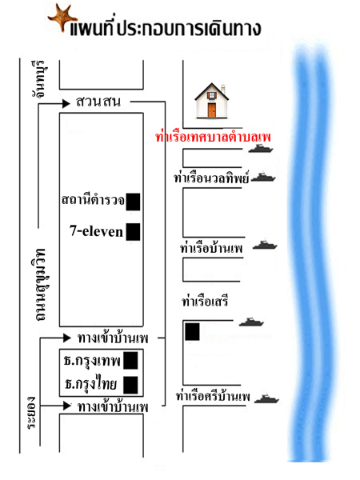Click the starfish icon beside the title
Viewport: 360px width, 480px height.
(x=62, y=17)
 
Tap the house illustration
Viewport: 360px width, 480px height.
(x=212, y=101)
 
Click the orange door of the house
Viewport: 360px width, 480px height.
(x=212, y=110)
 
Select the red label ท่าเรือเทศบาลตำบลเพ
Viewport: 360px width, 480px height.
(x=213, y=137)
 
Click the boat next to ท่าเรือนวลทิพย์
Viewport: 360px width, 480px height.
(x=263, y=178)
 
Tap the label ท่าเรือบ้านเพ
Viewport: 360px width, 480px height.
(x=211, y=248)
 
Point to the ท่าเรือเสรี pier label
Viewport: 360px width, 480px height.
(x=205, y=302)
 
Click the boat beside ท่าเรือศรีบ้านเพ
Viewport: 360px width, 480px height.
(x=267, y=398)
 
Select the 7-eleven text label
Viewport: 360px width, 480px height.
(x=96, y=231)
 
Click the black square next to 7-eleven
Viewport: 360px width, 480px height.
(x=133, y=232)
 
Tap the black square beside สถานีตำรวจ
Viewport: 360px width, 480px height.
(x=133, y=202)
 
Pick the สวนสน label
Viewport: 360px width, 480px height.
(x=98, y=102)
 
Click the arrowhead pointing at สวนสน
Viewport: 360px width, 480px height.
(x=66, y=104)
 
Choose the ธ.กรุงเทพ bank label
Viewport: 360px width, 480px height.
(x=92, y=361)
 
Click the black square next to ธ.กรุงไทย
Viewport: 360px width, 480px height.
(x=130, y=385)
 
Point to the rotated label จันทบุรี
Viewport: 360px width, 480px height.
(x=39, y=79)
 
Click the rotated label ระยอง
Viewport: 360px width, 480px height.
(x=31, y=413)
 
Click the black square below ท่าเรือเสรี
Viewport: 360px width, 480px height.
(x=192, y=331)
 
